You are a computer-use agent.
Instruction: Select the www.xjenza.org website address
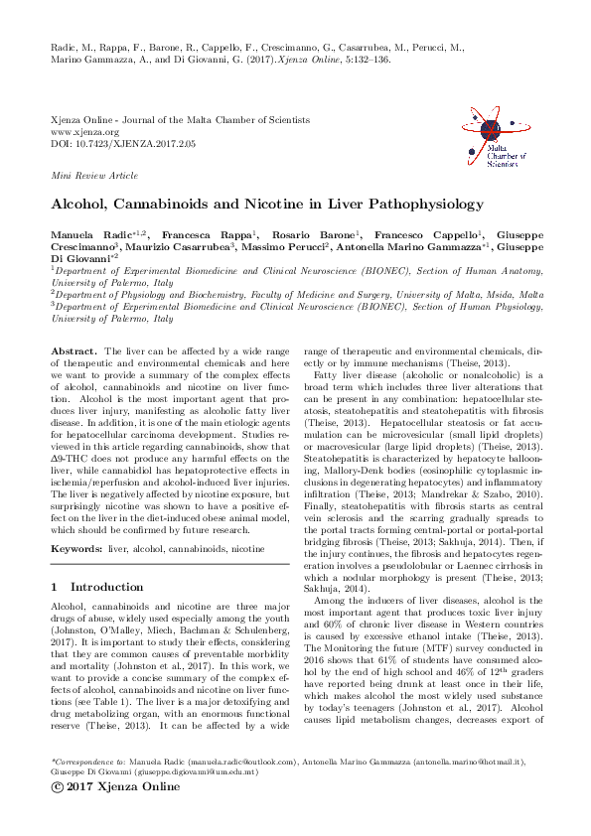[84, 131]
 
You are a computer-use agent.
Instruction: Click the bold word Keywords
[78, 547]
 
